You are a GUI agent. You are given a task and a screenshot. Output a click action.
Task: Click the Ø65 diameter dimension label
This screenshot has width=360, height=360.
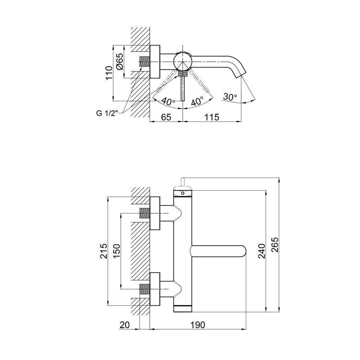coord(120,60)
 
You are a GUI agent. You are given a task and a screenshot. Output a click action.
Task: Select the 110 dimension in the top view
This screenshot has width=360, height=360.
coord(108,72)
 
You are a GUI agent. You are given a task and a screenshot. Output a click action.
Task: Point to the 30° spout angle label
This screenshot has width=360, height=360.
coord(229,97)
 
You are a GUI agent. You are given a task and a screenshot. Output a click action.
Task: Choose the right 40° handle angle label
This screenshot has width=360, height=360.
coord(197,102)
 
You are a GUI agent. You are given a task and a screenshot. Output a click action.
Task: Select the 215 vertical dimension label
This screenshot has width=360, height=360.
coord(103,251)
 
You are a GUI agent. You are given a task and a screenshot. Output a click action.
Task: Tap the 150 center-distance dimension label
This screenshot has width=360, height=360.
coord(117,251)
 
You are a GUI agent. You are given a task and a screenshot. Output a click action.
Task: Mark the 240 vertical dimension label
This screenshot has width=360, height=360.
coord(261,251)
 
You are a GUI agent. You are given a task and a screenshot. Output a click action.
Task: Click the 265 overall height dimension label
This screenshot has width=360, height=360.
coord(275,245)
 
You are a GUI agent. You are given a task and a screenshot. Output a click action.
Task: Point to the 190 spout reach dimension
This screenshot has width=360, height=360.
coord(198,324)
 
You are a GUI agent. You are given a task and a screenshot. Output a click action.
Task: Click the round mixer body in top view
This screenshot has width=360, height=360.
coord(183,60)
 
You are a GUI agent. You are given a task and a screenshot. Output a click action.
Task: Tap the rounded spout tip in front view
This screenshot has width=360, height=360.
coord(243,251)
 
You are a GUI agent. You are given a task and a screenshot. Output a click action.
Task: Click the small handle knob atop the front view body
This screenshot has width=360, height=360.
coord(183,182)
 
